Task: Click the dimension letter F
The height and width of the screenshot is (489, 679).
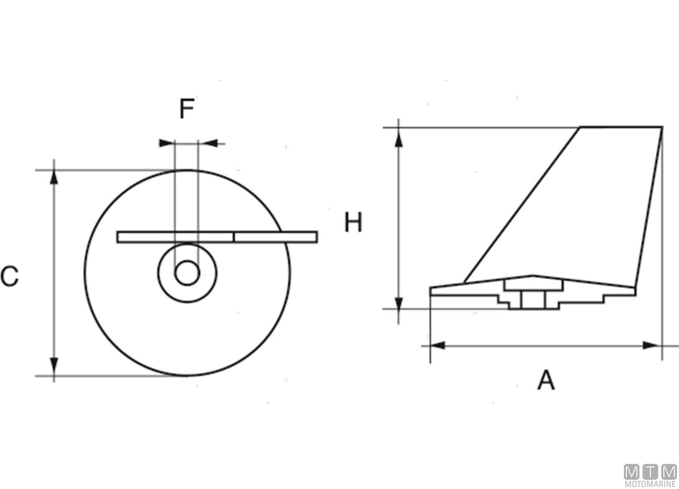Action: pyautogui.click(x=187, y=109)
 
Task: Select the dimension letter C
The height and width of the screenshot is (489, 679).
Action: pyautogui.click(x=10, y=276)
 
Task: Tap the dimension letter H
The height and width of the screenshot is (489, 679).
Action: pyautogui.click(x=353, y=222)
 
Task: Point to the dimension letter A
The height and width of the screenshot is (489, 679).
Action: pyautogui.click(x=546, y=379)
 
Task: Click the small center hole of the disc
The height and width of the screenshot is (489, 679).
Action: pyautogui.click(x=187, y=273)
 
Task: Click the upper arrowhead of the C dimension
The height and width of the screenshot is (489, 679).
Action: pyautogui.click(x=54, y=177)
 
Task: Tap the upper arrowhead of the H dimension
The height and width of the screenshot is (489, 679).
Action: pyautogui.click(x=399, y=140)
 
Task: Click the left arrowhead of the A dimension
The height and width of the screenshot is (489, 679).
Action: pyautogui.click(x=438, y=345)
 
